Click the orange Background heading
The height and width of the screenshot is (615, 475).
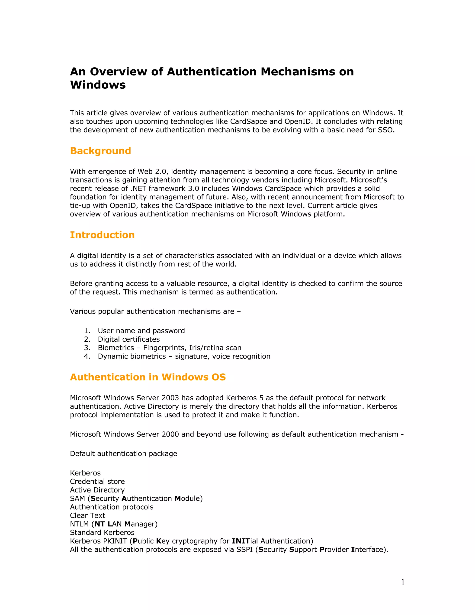[100, 151]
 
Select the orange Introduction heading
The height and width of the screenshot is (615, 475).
[102, 235]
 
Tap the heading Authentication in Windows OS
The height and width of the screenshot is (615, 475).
[148, 377]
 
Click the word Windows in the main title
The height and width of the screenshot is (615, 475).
[98, 85]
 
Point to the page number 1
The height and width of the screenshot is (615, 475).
[403, 582]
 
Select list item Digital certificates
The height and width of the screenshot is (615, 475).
[128, 339]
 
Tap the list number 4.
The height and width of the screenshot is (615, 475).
[87, 356]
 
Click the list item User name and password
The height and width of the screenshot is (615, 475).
[141, 331]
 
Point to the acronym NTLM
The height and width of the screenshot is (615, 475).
[79, 524]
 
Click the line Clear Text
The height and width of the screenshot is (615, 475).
[87, 516]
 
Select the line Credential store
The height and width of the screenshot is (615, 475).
[97, 482]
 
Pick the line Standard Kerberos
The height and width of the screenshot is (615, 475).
[102, 532]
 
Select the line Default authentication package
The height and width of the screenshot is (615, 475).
[124, 454]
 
